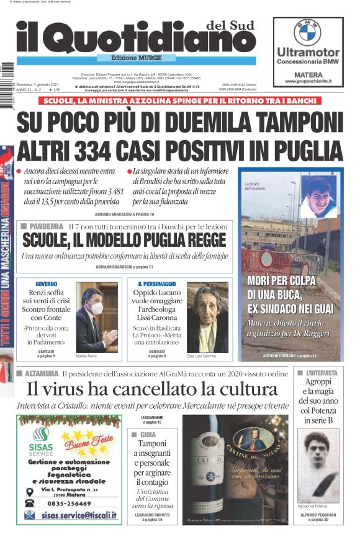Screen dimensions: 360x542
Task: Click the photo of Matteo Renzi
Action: pyautogui.click(x=96, y=317)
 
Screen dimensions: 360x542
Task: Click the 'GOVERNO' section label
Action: pyautogui.click(x=46, y=283)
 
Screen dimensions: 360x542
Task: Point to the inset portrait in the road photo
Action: pyautogui.click(x=318, y=196)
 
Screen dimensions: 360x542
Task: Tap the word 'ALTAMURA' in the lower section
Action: pyautogui.click(x=41, y=374)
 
